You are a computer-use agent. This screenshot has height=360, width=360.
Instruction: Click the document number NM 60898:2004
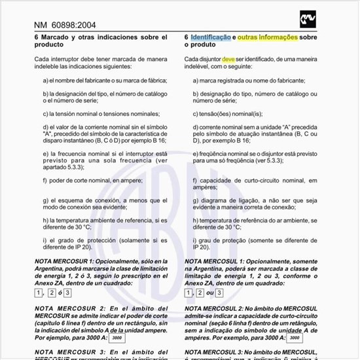[65, 26]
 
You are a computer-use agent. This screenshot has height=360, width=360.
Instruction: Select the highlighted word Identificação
[211, 37]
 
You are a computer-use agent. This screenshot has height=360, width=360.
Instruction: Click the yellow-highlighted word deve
[228, 59]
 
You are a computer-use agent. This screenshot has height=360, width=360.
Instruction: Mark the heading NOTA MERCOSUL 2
[219, 308]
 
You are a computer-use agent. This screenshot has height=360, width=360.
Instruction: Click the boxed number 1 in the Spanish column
[39, 293]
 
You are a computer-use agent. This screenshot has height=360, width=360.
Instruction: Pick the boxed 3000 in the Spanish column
[117, 339]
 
